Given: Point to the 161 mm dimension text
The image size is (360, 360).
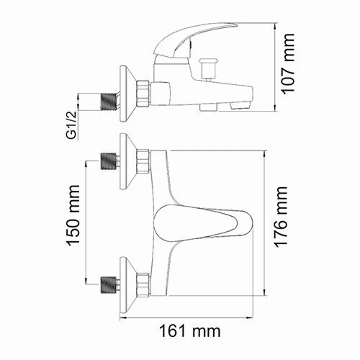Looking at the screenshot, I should coord(190,332).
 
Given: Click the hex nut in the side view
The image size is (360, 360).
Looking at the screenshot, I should coord(143,93).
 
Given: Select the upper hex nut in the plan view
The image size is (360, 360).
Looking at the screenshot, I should coord(143,161).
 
